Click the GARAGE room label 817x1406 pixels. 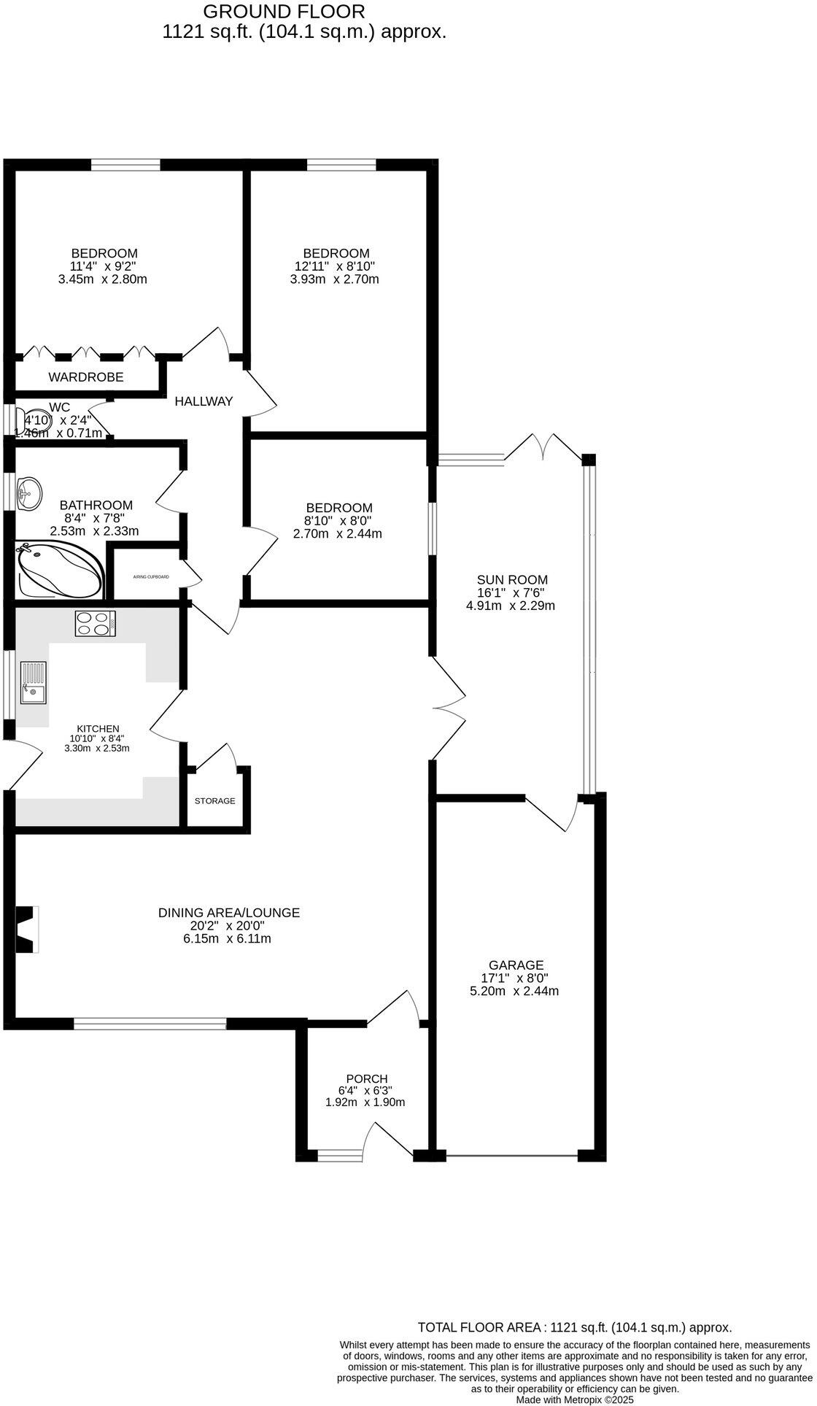(x=516, y=965)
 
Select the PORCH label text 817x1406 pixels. (x=366, y=1078)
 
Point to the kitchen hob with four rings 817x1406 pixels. (x=96, y=623)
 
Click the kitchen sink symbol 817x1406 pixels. (x=33, y=682)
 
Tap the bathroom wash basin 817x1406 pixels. (x=29, y=493)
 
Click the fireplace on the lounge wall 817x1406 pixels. (x=27, y=929)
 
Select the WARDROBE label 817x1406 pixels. (x=86, y=377)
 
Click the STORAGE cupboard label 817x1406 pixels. (x=214, y=800)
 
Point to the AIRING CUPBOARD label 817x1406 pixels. (x=151, y=576)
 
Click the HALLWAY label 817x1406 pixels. (x=204, y=401)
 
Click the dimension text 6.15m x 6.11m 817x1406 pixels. (x=227, y=938)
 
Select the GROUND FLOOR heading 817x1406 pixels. (x=284, y=12)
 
